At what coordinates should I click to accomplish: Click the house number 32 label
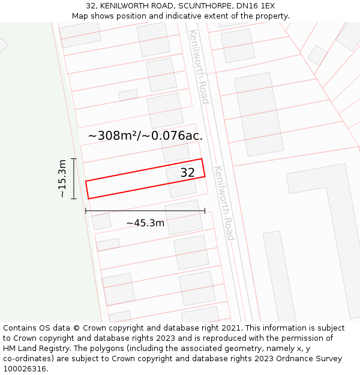pyautogui.click(x=188, y=173)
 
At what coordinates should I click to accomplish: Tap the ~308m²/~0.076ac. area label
pyautogui.click(x=145, y=136)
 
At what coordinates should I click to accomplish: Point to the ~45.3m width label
pyautogui.click(x=145, y=223)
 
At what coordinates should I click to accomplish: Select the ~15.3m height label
pyautogui.click(x=62, y=179)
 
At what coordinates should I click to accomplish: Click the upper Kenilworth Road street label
pyautogui.click(x=199, y=66)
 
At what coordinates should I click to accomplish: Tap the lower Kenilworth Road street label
pyautogui.click(x=224, y=203)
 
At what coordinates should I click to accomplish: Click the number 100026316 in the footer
pyautogui.click(x=25, y=369)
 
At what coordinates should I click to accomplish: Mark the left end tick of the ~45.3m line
pyautogui.click(x=86, y=211)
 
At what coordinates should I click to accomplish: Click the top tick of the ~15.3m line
pyautogui.click(x=74, y=159)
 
